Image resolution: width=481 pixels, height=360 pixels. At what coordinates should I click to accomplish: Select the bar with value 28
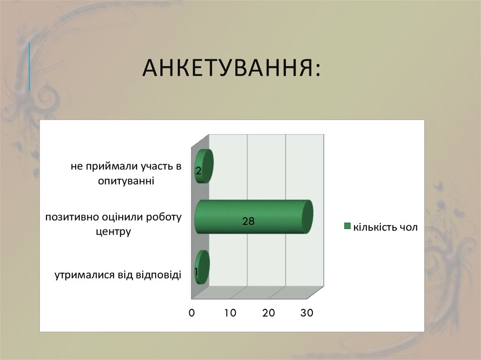click(254, 216)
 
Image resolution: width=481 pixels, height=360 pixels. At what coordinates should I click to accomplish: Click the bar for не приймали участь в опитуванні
click(204, 166)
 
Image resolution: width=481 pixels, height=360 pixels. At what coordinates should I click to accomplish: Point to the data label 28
click(248, 222)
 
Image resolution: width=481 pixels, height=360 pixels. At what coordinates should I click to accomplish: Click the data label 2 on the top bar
click(198, 172)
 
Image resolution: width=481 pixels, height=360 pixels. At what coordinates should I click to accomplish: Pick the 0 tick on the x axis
click(192, 313)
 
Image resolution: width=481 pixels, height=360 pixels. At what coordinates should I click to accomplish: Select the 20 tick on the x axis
click(268, 313)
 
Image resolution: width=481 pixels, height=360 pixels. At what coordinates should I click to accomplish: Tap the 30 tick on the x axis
click(307, 313)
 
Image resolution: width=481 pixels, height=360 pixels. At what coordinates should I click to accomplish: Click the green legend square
click(348, 226)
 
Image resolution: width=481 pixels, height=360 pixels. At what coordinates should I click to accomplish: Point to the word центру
click(112, 231)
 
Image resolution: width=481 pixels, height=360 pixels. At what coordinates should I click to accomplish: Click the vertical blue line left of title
click(29, 66)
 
